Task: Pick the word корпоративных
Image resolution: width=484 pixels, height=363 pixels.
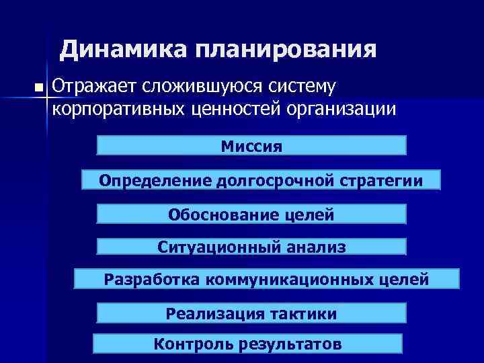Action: pos(115,109)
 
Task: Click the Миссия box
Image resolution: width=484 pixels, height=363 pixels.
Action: pos(252,146)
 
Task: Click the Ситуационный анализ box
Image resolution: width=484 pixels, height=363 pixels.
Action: pos(252,247)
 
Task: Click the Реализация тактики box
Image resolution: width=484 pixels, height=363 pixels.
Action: pos(252,313)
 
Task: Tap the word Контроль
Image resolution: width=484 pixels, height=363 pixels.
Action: pos(192,344)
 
